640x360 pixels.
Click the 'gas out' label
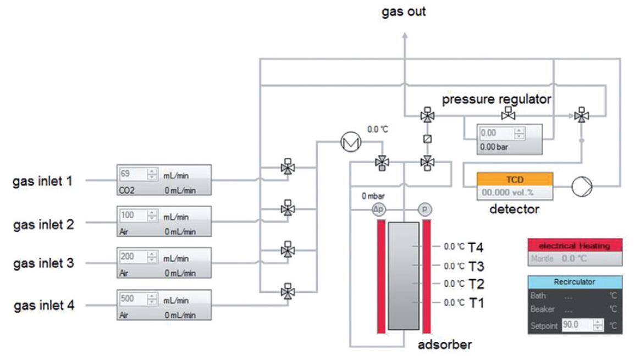click(404, 12)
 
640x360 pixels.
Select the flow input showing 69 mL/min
click(132, 174)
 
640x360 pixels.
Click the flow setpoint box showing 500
click(132, 300)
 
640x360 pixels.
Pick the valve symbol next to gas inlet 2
click(286, 209)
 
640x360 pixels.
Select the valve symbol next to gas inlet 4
click(286, 291)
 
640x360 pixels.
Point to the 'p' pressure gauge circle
click(424, 209)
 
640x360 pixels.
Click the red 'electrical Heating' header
click(575, 246)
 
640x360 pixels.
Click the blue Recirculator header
click(575, 281)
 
